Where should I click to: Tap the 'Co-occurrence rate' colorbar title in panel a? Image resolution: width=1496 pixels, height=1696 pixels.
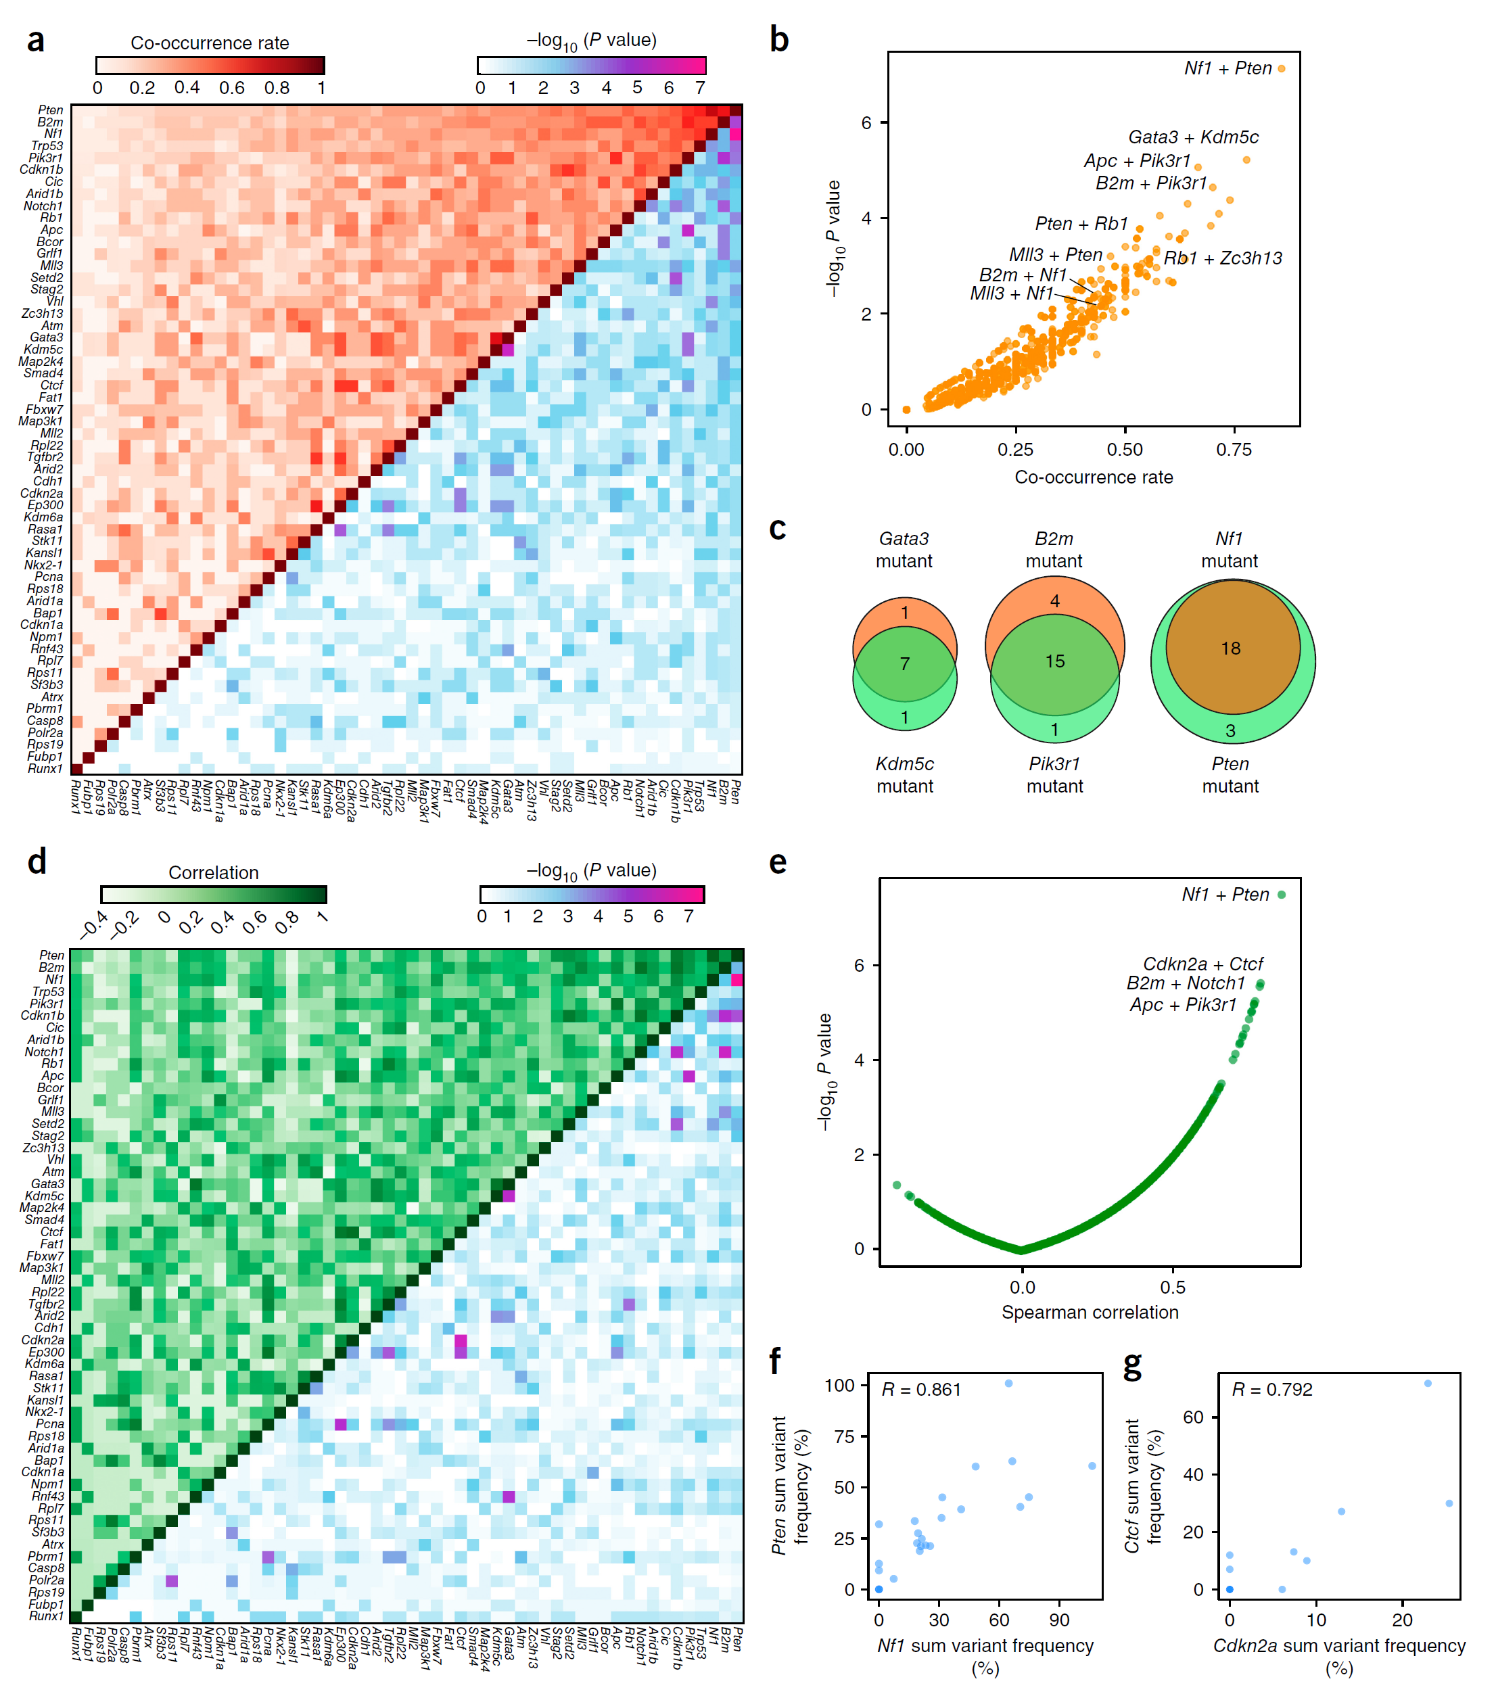(x=210, y=43)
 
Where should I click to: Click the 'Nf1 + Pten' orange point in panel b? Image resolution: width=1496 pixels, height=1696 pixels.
(x=1281, y=69)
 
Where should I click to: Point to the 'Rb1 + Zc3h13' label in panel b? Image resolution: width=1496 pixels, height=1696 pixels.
(x=1222, y=258)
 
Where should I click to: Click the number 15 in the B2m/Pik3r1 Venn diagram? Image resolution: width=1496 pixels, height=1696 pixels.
(x=1054, y=661)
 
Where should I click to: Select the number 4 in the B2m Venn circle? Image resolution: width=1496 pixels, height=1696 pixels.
(x=1054, y=600)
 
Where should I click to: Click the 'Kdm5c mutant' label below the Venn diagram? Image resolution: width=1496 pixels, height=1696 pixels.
(x=904, y=774)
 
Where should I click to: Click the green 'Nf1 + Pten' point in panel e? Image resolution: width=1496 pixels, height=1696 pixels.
(x=1281, y=895)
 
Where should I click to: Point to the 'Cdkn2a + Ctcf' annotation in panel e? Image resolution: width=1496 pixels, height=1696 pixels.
(x=1202, y=964)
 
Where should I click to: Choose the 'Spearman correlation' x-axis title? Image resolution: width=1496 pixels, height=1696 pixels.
(x=1090, y=1312)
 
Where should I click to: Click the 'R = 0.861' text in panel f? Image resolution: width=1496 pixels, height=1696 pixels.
(x=921, y=1389)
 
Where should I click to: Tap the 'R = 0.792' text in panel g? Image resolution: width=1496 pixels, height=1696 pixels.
(x=1271, y=1389)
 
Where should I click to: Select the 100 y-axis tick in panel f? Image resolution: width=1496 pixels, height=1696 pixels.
(x=840, y=1385)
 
